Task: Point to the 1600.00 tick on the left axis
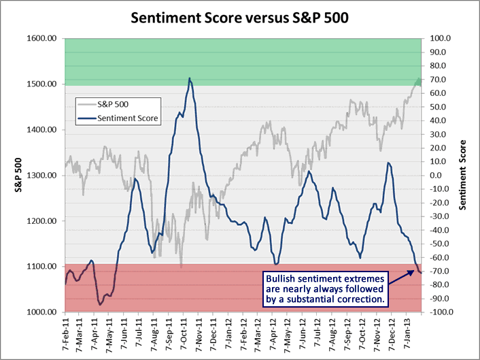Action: tap(41, 39)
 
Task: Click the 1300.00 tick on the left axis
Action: tap(41, 176)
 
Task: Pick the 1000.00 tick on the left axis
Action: tap(41, 312)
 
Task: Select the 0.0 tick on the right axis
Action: tap(434, 176)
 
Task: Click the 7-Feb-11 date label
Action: tap(66, 333)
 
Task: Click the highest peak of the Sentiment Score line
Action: tap(190, 78)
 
